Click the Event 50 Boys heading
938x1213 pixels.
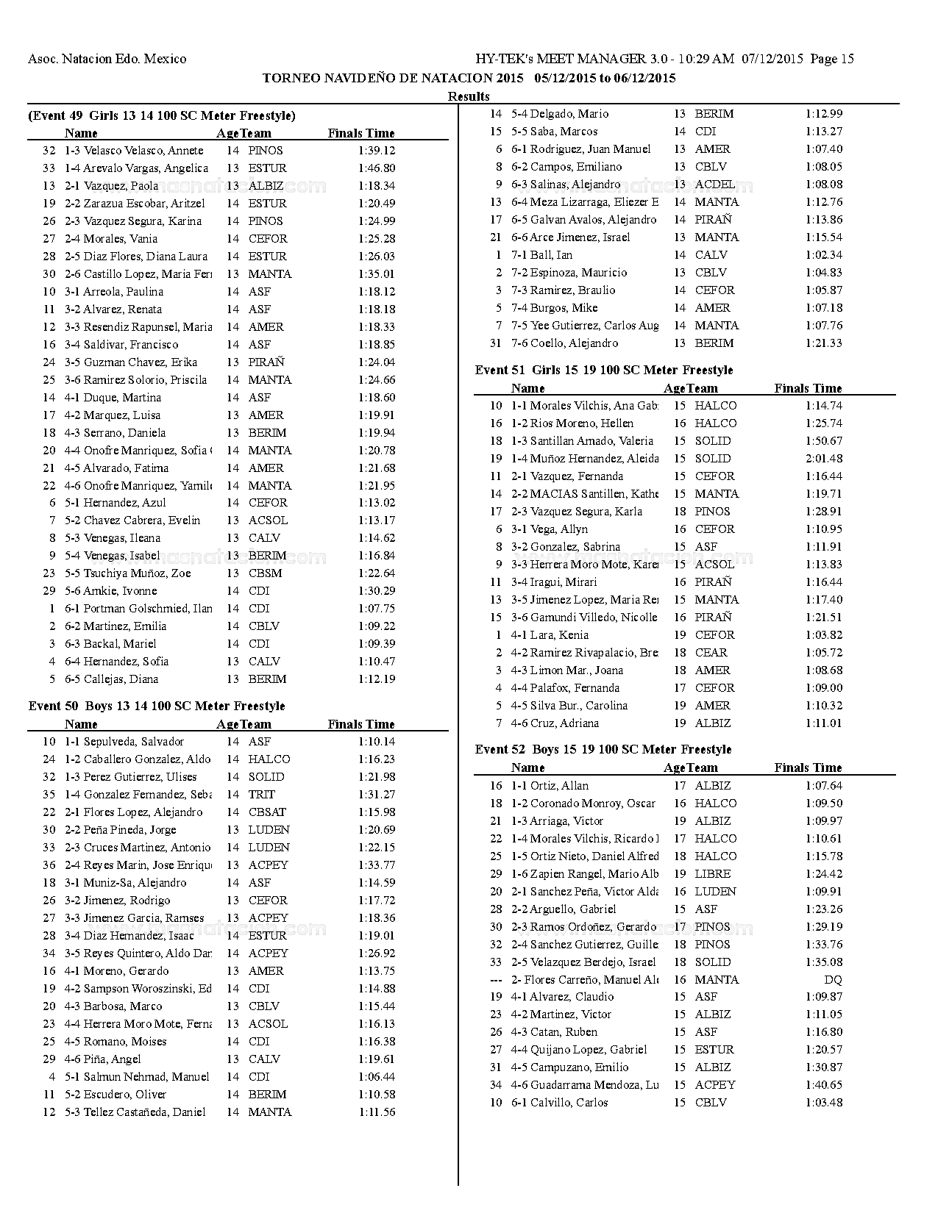pyautogui.click(x=157, y=706)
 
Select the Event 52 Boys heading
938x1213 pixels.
pyautogui.click(x=603, y=749)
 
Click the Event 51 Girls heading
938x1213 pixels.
pyautogui.click(x=604, y=370)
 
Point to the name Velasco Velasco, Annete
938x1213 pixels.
pyautogui.click(x=143, y=150)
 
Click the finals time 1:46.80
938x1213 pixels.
pyautogui.click(x=377, y=168)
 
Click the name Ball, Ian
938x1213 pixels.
pyautogui.click(x=551, y=254)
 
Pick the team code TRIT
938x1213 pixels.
pyautogui.click(x=261, y=794)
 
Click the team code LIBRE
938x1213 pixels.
pyautogui.click(x=712, y=873)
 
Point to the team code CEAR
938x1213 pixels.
pyautogui.click(x=711, y=652)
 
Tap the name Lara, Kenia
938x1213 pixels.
pyautogui.click(x=559, y=634)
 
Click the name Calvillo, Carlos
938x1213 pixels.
pyautogui.click(x=569, y=1102)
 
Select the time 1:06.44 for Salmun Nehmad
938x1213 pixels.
pyautogui.click(x=377, y=1076)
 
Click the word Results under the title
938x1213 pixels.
pyautogui.click(x=469, y=96)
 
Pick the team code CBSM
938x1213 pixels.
pyautogui.click(x=265, y=573)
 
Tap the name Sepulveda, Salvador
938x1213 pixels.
pyautogui.click(x=133, y=741)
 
